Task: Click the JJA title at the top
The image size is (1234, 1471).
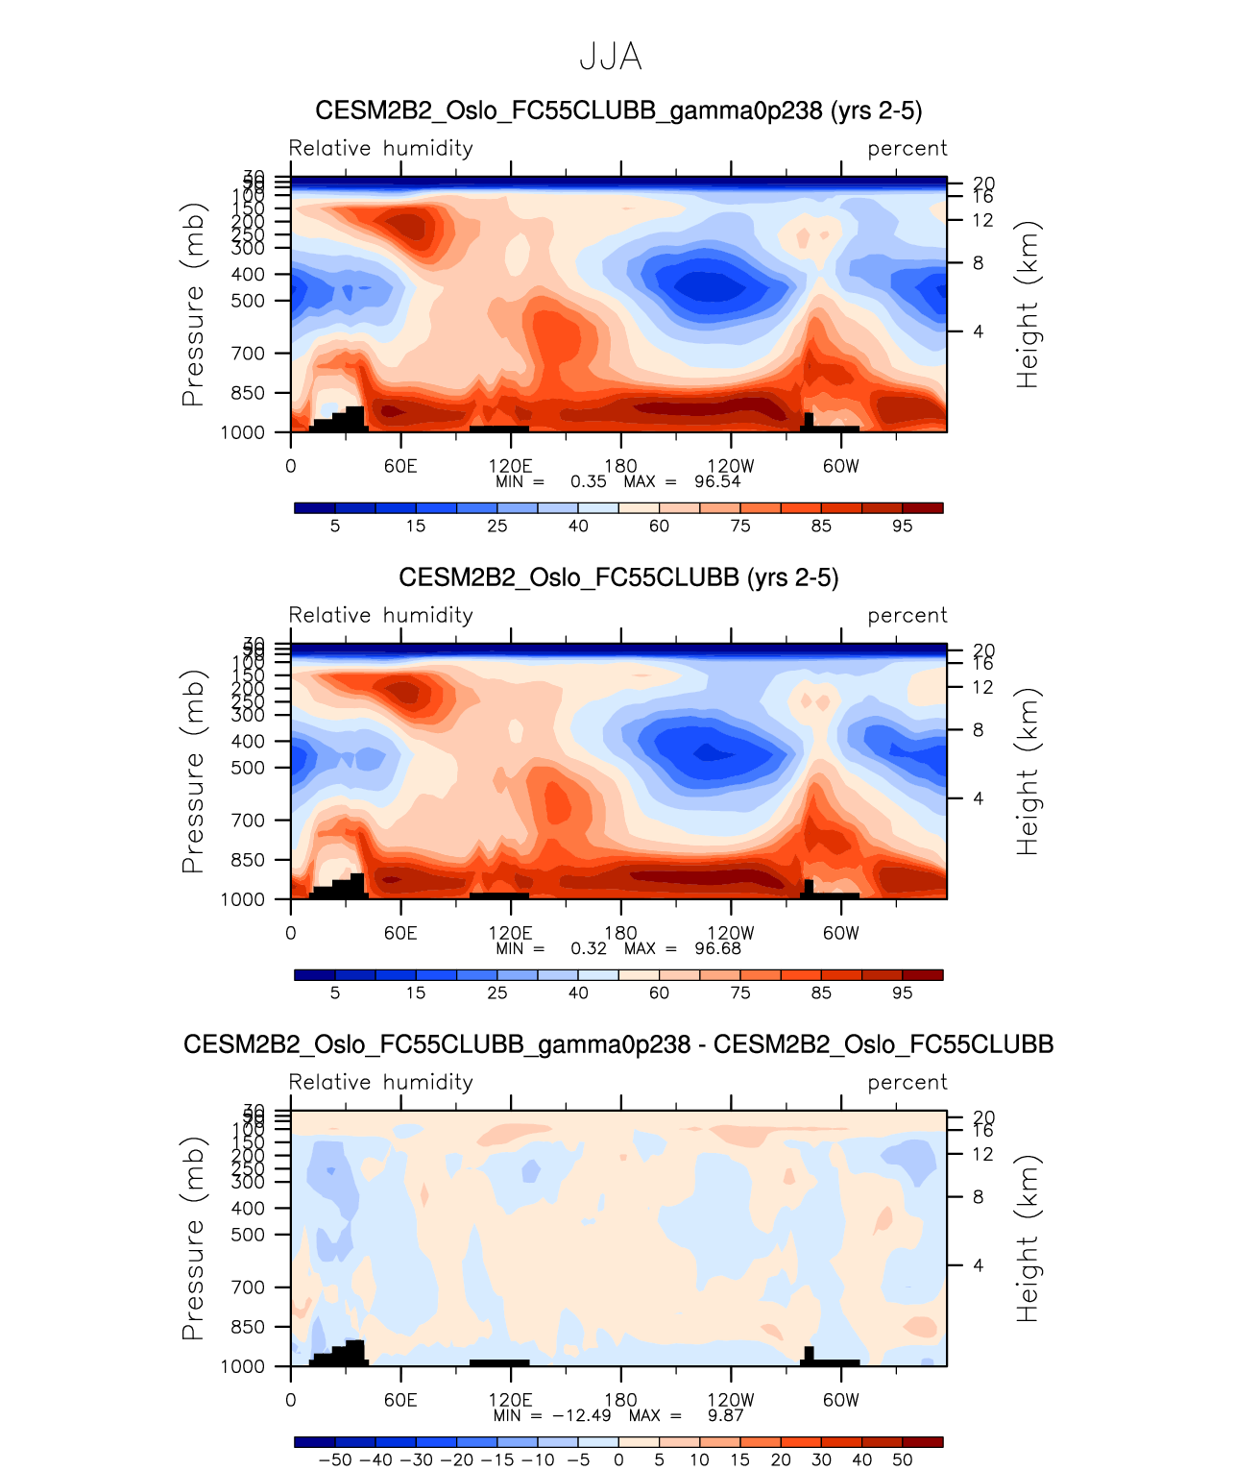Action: [611, 58]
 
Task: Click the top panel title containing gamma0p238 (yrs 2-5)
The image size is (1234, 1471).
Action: [618, 110]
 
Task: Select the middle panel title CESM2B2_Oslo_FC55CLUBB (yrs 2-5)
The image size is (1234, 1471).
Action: [618, 577]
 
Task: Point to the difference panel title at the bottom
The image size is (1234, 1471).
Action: [618, 1044]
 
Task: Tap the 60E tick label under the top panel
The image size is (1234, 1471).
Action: [400, 466]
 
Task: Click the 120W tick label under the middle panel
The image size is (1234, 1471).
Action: [731, 933]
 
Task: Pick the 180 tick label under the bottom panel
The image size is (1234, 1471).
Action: [620, 1400]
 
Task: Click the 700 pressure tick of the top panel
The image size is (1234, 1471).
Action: [249, 354]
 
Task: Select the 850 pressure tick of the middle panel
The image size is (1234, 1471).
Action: [249, 860]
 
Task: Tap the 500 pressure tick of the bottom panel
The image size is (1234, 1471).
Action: [249, 1235]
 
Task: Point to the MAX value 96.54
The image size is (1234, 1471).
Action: [717, 481]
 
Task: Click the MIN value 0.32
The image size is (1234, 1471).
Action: [589, 948]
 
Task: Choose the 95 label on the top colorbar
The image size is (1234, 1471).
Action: [902, 526]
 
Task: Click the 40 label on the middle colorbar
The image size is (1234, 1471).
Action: [578, 993]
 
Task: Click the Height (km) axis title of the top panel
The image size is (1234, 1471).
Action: [1028, 305]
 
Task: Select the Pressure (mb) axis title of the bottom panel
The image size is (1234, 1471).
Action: [193, 1238]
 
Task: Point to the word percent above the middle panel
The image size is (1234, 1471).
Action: [907, 615]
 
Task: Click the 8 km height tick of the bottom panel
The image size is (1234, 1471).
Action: [978, 1197]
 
